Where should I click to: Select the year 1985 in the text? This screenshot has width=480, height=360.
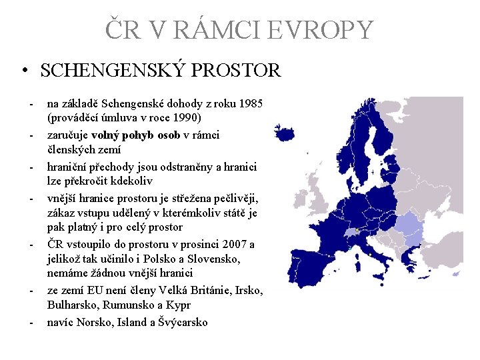pos(251,105)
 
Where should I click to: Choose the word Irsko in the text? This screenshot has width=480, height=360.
pos(248,291)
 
